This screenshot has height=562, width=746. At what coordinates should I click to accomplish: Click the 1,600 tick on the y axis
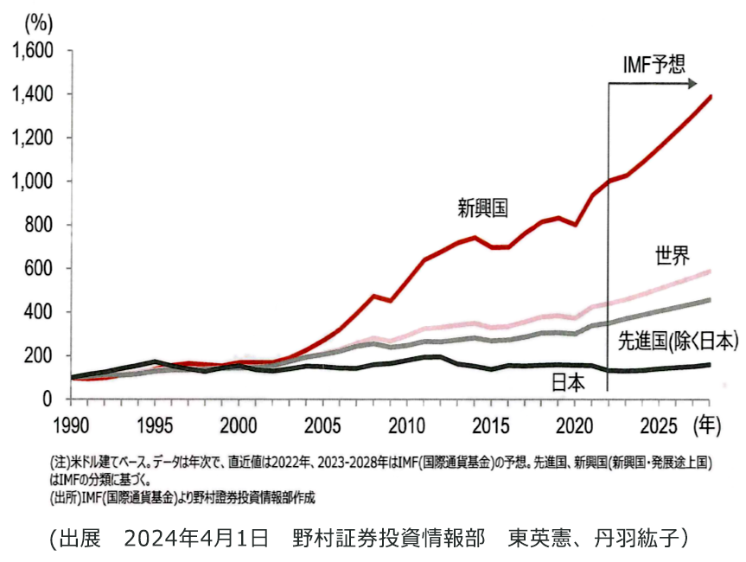[x=32, y=51]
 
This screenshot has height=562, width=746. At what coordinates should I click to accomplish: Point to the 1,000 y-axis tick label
[x=32, y=182]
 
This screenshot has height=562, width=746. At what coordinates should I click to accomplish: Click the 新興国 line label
[x=482, y=208]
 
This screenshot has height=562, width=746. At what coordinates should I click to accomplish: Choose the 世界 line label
[x=672, y=255]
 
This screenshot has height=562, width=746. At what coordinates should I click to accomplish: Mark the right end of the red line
[x=711, y=96]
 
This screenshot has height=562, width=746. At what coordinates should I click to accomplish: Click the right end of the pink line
[x=711, y=271]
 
